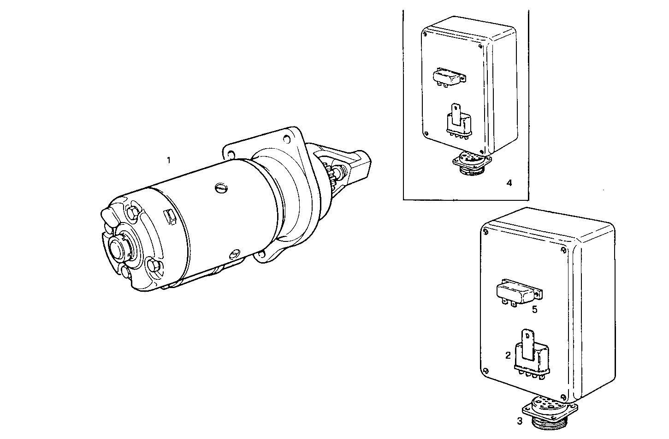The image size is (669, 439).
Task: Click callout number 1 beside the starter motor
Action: click(169, 160)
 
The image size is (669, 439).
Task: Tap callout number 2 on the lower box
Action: click(508, 355)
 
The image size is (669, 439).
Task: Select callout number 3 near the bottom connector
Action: click(520, 421)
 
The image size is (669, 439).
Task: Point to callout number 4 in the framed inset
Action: click(509, 183)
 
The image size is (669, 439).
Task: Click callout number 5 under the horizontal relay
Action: click(534, 309)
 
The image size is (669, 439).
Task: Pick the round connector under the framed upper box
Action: click(472, 163)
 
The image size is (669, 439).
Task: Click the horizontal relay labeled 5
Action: click(518, 291)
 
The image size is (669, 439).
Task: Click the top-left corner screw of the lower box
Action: click(485, 233)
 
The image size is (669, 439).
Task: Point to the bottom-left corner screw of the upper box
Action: click(426, 134)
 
